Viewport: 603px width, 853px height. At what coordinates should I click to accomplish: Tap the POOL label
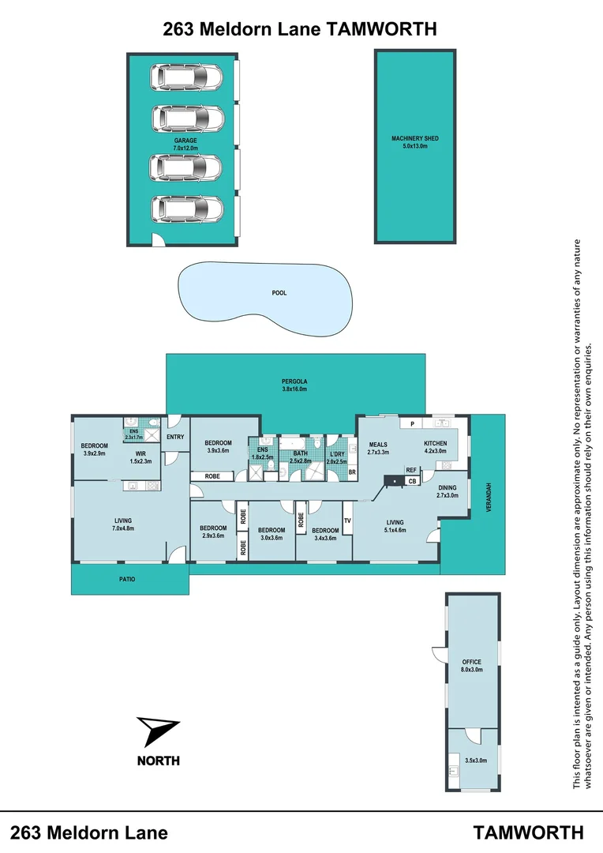pos(279,293)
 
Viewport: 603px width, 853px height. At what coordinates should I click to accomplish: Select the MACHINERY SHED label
pos(414,142)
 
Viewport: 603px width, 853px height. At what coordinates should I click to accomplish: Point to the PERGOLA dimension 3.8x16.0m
pos(294,389)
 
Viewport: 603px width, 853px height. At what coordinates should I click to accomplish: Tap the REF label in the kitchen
pos(411,470)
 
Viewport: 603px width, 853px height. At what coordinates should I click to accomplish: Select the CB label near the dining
pos(412,480)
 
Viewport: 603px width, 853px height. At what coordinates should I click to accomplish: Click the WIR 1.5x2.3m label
pos(140,457)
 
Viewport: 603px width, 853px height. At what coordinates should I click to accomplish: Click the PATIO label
pos(128,580)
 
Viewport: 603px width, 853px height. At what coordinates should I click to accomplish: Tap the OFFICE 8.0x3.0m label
pos(472,666)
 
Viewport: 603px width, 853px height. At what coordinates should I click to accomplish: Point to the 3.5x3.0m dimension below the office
pos(476,761)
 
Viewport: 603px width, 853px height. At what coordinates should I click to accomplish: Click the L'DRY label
pos(337,457)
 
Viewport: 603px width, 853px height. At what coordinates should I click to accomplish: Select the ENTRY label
pos(175,437)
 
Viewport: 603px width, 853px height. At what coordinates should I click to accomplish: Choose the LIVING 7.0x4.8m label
pos(122,524)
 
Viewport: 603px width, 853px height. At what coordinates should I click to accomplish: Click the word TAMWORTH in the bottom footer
pos(529,832)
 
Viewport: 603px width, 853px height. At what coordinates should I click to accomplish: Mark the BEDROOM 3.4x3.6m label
pos(324,534)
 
